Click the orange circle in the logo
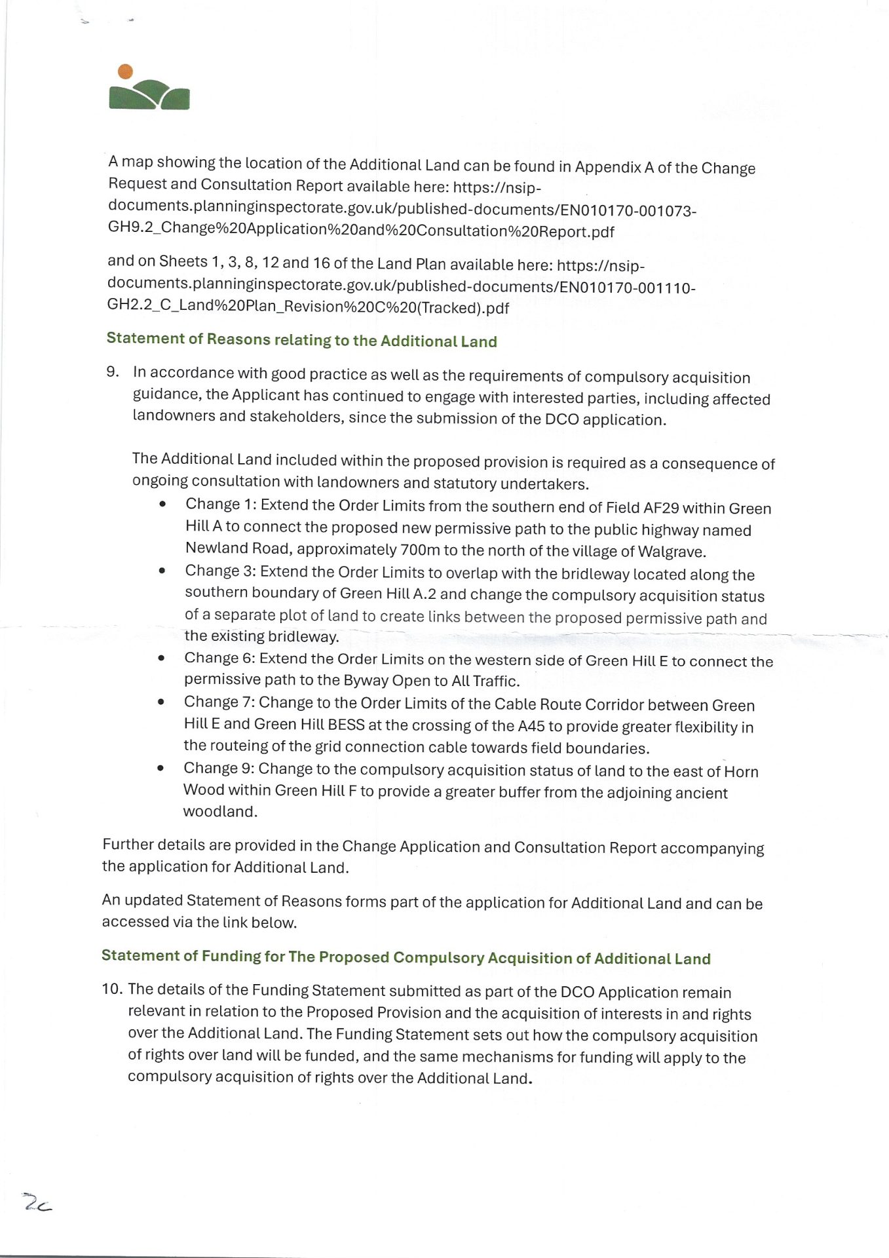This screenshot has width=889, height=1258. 125,71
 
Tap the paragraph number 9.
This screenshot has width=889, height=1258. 113,372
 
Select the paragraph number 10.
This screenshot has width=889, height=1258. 112,989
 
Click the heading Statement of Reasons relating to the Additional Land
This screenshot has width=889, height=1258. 301,339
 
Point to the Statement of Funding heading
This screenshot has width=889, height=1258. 406,957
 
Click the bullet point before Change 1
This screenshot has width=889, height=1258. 162,505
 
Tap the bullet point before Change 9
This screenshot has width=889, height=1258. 161,769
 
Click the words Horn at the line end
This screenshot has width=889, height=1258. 741,772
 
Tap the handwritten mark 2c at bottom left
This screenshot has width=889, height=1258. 37,1203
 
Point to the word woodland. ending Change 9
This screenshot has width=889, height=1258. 220,812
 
